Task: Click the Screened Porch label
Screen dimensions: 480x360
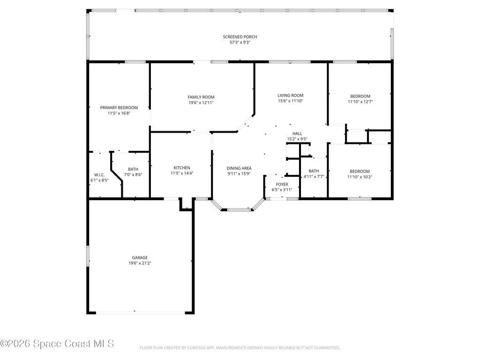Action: [240, 37]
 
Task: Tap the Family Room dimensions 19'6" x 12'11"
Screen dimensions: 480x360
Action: [201, 103]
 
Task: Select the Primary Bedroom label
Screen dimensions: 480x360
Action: [119, 107]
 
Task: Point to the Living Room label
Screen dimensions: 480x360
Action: [290, 95]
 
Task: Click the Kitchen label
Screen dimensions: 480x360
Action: [182, 168]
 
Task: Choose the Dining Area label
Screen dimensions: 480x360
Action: [239, 168]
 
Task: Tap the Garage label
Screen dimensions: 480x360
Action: [140, 257]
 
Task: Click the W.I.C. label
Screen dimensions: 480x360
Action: [99, 175]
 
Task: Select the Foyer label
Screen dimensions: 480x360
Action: [282, 184]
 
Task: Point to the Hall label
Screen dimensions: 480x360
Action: [297, 134]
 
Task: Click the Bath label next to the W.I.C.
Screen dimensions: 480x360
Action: [133, 169]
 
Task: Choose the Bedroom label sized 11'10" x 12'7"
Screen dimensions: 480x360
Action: [360, 96]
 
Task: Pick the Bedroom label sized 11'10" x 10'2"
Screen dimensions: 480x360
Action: [360, 171]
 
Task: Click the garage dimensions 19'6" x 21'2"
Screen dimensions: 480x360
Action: [140, 263]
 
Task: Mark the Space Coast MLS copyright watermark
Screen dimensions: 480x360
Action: [57, 344]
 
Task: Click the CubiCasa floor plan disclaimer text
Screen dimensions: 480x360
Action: [240, 348]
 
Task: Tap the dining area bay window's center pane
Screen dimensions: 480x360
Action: [239, 210]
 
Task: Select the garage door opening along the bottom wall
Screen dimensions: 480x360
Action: [141, 313]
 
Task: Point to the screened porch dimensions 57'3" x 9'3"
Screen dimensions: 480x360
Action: [240, 42]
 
